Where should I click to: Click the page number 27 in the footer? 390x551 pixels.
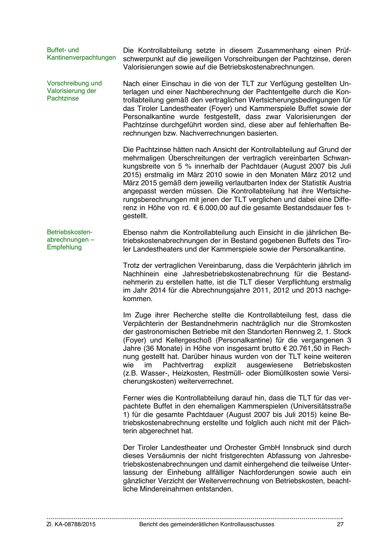(x=340, y=524)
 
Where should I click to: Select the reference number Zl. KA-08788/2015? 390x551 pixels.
(x=71, y=524)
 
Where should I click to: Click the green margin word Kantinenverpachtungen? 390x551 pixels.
(x=81, y=58)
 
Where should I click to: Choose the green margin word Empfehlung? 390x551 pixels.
(x=64, y=247)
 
